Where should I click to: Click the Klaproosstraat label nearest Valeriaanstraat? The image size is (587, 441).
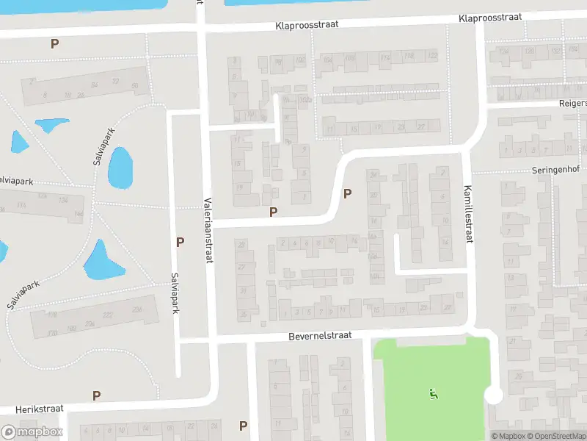307,24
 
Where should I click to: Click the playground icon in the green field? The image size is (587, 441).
433,395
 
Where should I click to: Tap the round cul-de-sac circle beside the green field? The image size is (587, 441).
494,395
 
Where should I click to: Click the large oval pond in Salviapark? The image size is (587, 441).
120,167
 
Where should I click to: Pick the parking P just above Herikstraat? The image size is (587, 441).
96,395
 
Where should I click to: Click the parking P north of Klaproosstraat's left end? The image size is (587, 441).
54,43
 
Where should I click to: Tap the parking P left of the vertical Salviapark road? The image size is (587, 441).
180,241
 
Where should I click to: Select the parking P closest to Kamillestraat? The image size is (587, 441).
347,194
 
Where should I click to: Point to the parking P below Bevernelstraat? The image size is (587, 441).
243,426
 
